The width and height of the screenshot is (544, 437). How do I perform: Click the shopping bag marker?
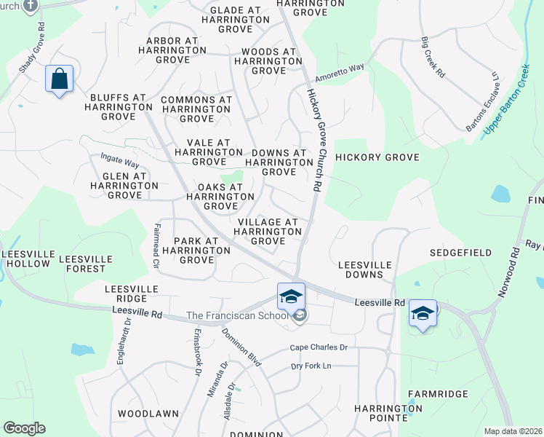pyautogui.click(x=59, y=79)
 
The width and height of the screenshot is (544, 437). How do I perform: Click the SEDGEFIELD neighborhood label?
pyautogui.click(x=461, y=252)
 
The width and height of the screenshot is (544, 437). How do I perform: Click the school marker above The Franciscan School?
pyautogui.click(x=291, y=296)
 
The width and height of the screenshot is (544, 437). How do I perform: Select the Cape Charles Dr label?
pyautogui.click(x=319, y=347)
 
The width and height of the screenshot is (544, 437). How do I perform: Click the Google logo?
pyautogui.click(x=24, y=428)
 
